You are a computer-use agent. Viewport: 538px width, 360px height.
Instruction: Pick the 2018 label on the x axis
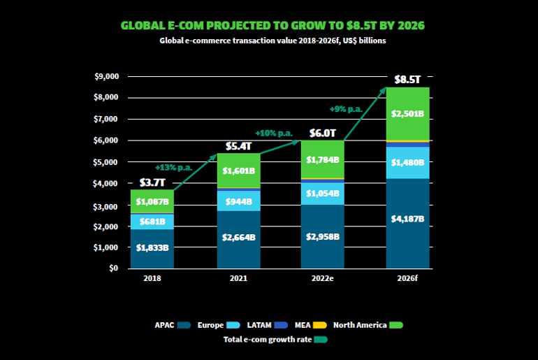(152, 278)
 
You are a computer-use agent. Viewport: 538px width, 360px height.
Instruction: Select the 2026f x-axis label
(408, 278)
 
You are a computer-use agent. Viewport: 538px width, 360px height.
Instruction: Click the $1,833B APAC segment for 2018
(152, 247)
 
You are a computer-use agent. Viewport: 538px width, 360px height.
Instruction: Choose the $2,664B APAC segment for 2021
(239, 237)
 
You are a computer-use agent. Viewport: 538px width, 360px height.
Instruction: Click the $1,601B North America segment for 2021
(239, 169)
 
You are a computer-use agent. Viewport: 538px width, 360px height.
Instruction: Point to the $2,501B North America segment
(408, 113)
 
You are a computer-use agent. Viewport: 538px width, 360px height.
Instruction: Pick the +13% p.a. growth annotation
(174, 167)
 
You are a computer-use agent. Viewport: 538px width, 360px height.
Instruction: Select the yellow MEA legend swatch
(319, 325)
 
